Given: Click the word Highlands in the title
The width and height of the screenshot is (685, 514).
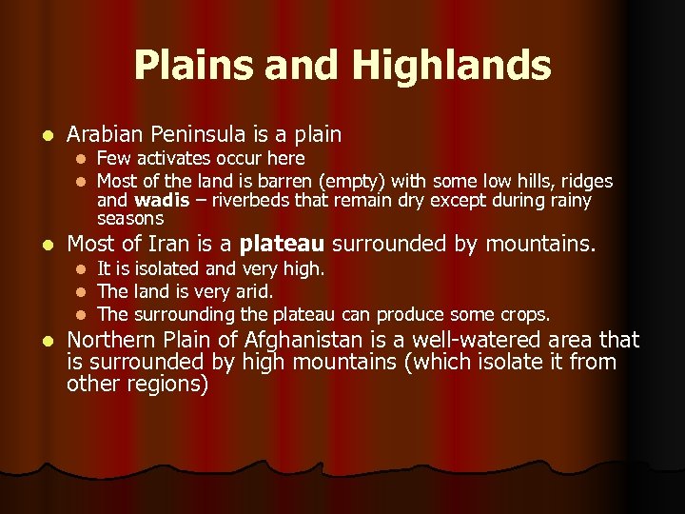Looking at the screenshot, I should click(451, 66).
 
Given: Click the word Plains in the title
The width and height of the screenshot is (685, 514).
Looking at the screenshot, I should click(189, 66).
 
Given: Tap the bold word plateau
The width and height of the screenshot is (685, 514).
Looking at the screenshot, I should click(283, 245).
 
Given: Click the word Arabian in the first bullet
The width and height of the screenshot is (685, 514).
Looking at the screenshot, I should click(103, 135).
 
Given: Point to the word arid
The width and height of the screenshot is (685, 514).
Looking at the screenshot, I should click(253, 291).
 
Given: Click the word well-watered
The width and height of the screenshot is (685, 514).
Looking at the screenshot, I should click(492, 340).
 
